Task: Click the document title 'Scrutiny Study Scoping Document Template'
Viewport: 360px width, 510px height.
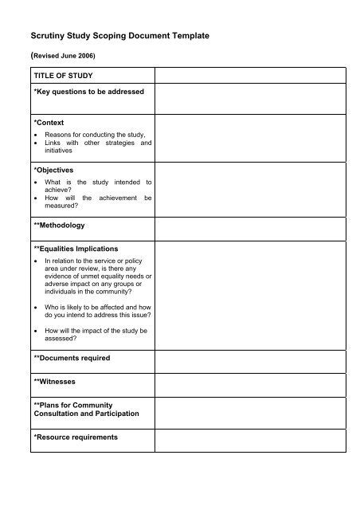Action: (x=119, y=37)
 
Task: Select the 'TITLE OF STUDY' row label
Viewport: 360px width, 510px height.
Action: (x=64, y=76)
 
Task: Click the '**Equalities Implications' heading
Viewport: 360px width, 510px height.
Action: (x=76, y=249)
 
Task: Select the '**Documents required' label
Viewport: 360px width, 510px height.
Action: (x=72, y=358)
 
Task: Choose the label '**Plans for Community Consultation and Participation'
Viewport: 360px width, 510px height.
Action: (x=86, y=409)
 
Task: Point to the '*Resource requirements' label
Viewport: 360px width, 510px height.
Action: (x=76, y=437)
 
